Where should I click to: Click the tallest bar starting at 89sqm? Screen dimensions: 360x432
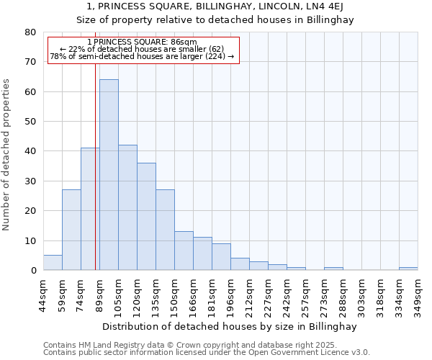point(109,175)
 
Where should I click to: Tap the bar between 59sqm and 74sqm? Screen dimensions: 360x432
point(71,230)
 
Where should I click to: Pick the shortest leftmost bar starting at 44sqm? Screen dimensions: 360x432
point(53,263)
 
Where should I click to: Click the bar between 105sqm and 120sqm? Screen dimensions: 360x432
point(127,207)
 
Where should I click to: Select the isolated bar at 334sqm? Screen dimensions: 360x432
point(408,269)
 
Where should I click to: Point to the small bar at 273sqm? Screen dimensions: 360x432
point(333,269)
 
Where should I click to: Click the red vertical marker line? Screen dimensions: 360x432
point(95,180)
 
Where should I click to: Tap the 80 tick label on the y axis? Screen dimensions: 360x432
point(30,32)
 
